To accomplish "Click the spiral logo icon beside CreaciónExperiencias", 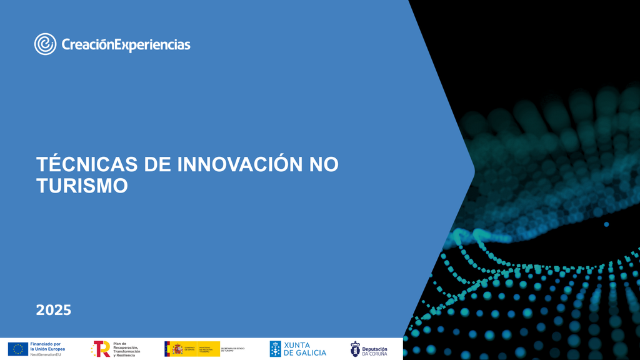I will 46,44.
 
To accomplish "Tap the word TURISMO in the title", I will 82,186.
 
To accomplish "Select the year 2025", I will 54,310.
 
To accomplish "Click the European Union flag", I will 18,349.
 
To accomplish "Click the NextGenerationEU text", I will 46,354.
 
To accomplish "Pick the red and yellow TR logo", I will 101,349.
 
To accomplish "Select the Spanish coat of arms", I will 177,349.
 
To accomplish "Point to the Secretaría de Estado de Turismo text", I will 233,349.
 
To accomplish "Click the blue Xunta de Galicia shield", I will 275,349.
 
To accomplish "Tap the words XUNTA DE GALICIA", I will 305,349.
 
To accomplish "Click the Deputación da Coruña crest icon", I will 355,349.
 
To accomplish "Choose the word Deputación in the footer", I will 375,346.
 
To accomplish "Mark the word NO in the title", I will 324,164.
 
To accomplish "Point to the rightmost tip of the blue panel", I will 474,170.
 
